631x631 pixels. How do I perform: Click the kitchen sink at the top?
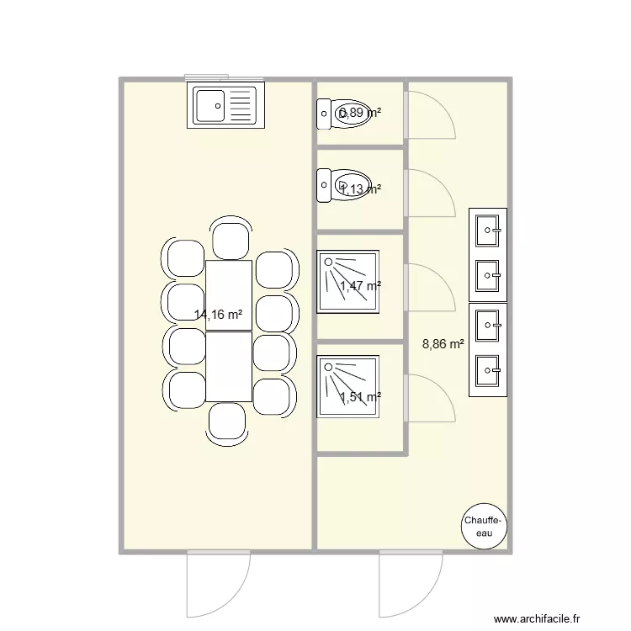[x=225, y=106]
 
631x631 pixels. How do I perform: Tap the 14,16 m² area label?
[x=219, y=315]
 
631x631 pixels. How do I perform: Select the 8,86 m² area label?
[x=443, y=343]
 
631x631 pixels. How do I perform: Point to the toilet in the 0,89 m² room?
[x=345, y=113]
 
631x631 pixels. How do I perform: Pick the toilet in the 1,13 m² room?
[x=345, y=185]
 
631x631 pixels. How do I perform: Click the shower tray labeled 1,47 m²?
[x=347, y=281]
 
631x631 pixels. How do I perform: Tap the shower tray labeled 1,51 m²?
[x=347, y=386]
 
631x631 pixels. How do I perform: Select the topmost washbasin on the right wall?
[x=488, y=229]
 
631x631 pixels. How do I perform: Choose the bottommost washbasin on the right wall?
[x=488, y=369]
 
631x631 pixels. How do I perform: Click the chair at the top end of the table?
[x=230, y=237]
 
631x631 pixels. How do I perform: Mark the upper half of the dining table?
[x=229, y=294]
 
